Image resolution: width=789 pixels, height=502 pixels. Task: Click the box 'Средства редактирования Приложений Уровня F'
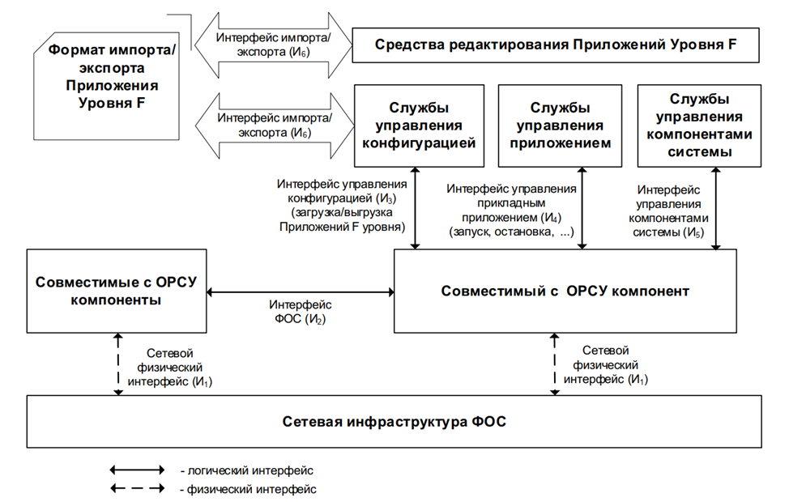556,44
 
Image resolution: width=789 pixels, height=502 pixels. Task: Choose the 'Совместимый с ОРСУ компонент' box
565,291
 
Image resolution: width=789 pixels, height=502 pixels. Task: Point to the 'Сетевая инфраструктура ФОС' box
395,422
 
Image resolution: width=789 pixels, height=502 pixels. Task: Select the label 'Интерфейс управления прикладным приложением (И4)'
511,211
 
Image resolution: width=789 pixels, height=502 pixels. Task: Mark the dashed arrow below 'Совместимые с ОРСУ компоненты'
119,364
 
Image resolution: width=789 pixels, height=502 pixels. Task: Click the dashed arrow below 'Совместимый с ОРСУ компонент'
555,364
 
